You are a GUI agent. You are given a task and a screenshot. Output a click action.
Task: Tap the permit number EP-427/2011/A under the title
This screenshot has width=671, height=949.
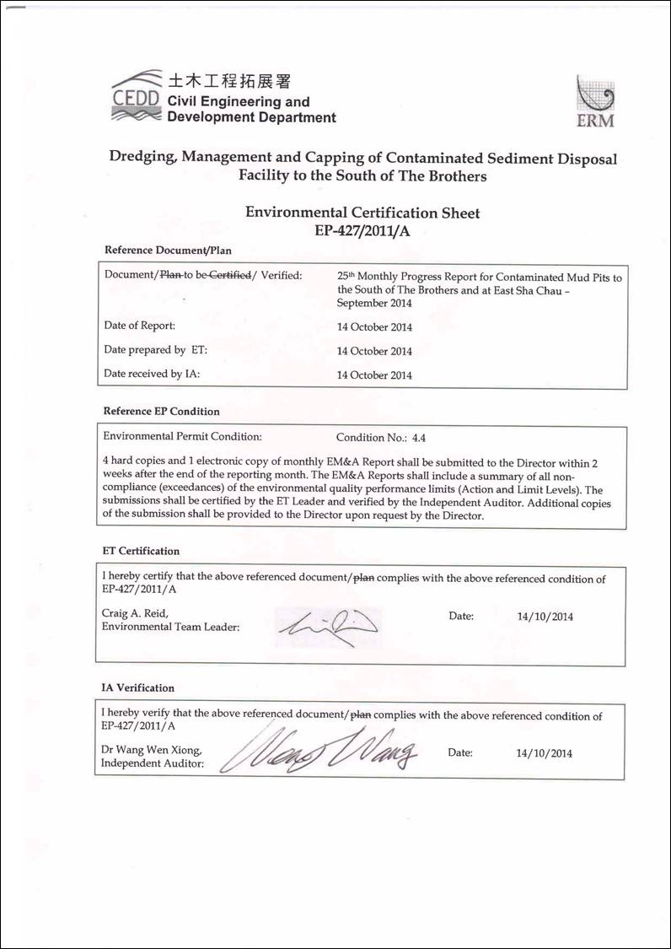point(362,229)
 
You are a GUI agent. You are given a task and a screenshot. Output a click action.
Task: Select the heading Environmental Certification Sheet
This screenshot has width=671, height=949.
point(362,213)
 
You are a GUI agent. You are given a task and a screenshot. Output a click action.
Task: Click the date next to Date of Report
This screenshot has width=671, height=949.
point(374,327)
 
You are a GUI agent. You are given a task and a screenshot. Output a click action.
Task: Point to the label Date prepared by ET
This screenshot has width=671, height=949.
point(155,350)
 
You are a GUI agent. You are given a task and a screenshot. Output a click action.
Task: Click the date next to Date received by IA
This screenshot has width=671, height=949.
point(374,375)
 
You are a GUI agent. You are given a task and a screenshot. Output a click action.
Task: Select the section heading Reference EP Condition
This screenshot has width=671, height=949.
point(161,412)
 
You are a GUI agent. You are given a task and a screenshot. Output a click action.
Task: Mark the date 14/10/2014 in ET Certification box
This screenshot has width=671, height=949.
point(545,617)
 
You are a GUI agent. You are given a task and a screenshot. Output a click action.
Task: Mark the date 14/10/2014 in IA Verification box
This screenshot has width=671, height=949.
point(544,753)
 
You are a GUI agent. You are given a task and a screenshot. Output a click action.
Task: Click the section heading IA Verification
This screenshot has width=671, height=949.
point(138,688)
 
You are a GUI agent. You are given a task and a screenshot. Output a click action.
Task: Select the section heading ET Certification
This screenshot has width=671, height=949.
point(141,551)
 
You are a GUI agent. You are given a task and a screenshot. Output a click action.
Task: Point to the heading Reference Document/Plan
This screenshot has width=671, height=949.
point(167,251)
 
